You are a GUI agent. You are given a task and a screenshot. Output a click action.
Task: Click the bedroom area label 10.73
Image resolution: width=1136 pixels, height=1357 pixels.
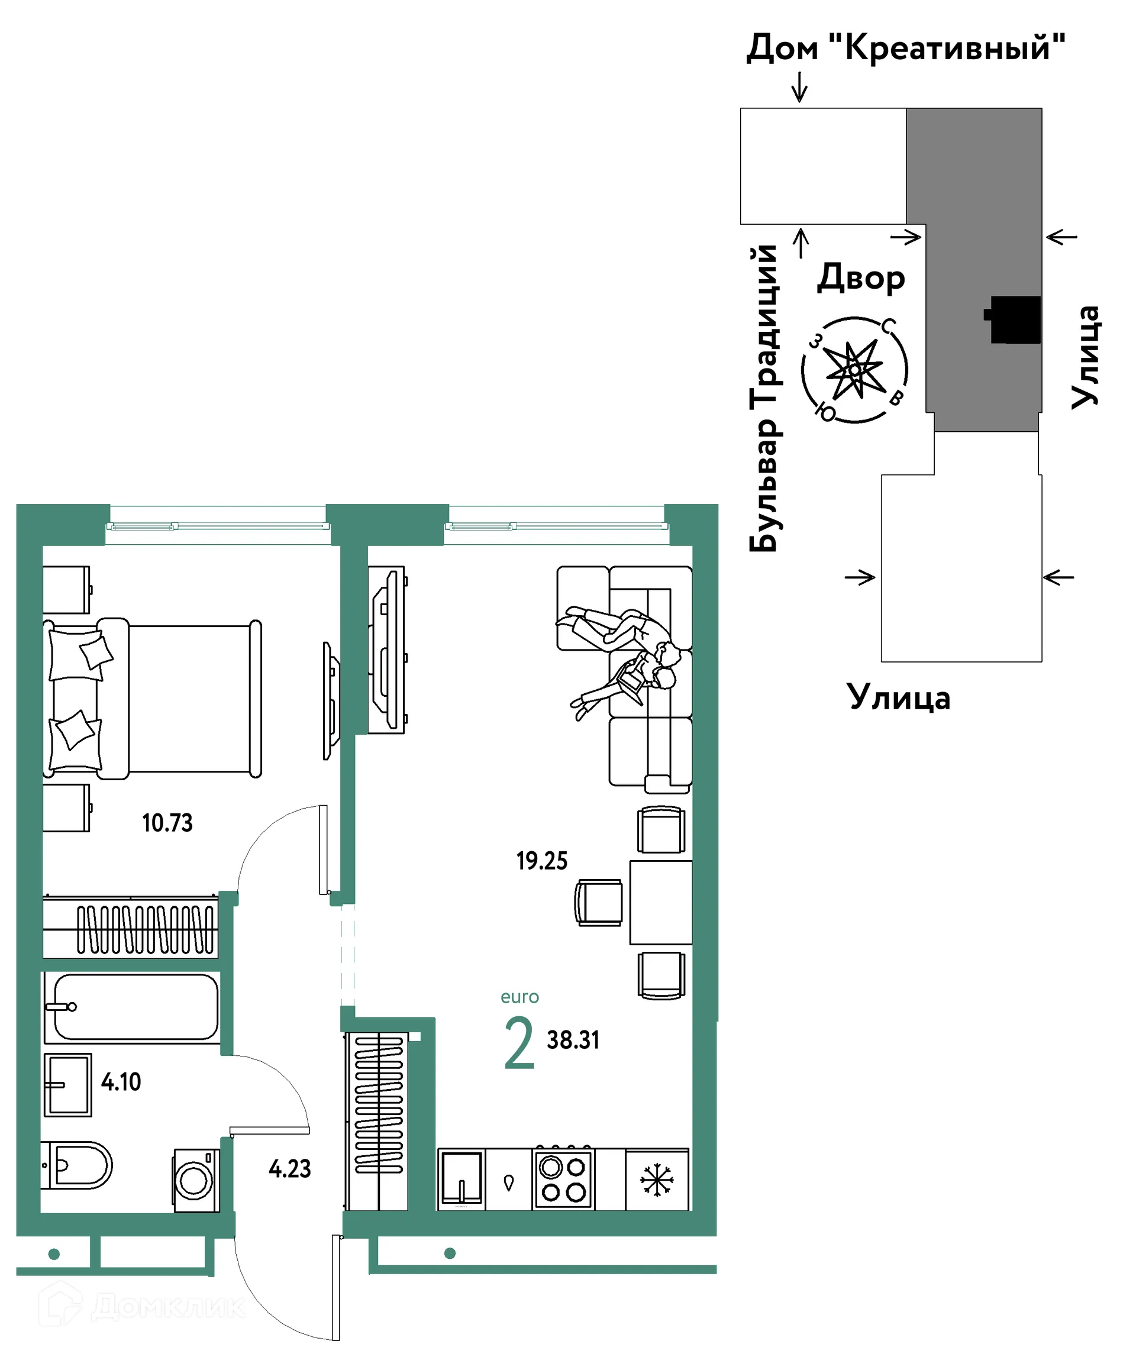click(x=167, y=823)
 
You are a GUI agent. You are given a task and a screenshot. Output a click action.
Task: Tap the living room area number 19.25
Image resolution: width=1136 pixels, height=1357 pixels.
click(x=541, y=861)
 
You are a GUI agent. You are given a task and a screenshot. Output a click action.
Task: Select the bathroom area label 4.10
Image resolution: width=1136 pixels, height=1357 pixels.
click(x=121, y=1082)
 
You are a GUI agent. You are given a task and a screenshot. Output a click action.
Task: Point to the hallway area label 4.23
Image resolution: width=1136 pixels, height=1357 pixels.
click(x=290, y=1168)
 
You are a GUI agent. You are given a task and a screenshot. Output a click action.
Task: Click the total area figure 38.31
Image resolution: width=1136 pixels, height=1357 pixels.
click(x=573, y=1040)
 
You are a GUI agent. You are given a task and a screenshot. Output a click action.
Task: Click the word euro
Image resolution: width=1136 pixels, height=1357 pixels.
click(x=519, y=997)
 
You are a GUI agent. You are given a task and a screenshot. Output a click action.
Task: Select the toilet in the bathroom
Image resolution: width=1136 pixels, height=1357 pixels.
click(x=76, y=1165)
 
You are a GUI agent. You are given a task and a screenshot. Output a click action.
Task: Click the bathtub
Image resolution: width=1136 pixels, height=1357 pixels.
click(x=132, y=1007)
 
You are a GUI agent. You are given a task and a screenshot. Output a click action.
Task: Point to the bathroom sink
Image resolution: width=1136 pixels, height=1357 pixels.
click(x=68, y=1085)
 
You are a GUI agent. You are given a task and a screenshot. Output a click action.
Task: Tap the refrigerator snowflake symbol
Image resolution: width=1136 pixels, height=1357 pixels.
click(x=657, y=1180)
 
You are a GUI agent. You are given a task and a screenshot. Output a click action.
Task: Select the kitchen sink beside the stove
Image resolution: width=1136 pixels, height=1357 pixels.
click(x=461, y=1179)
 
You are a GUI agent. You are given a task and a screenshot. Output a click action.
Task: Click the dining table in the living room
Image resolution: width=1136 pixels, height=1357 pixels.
click(x=661, y=902)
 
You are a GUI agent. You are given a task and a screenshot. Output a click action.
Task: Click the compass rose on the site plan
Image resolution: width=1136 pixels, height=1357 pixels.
click(x=855, y=370)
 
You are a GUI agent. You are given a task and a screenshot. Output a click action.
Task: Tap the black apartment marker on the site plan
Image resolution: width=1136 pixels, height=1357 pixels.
click(x=1012, y=319)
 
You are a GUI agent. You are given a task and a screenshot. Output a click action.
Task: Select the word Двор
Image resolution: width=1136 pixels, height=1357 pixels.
click(x=861, y=278)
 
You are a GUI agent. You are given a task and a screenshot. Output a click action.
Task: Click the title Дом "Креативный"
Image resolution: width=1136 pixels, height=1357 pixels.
click(x=906, y=49)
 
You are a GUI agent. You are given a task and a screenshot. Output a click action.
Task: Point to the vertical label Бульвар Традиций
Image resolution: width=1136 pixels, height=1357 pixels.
click(x=764, y=398)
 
